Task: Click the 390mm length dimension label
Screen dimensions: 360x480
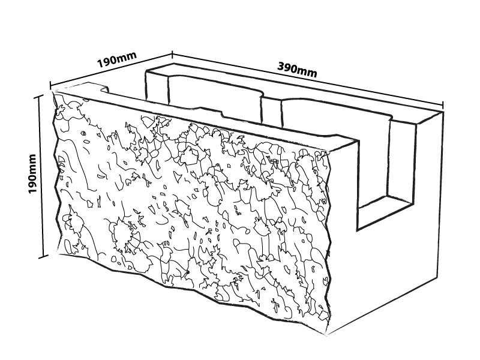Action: tap(297, 69)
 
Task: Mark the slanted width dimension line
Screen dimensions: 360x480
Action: tap(111, 69)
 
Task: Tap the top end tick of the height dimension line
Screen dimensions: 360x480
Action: tap(43, 95)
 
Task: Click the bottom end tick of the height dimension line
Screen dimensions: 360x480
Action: tap(43, 257)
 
